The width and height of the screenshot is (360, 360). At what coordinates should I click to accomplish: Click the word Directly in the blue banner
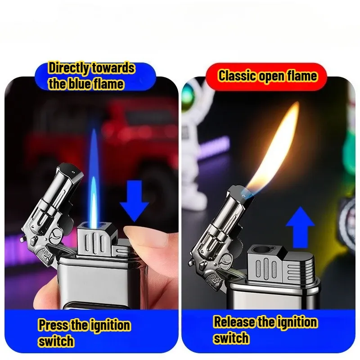click(69, 68)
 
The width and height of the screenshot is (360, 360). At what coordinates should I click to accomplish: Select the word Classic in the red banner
click(237, 76)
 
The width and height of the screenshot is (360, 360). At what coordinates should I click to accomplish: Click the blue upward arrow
click(300, 227)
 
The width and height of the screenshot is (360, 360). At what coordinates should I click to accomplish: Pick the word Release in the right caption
click(234, 322)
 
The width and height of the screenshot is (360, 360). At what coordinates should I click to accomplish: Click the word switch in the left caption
click(56, 341)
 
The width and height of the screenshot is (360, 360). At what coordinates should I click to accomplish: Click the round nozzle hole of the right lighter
click(261, 251)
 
